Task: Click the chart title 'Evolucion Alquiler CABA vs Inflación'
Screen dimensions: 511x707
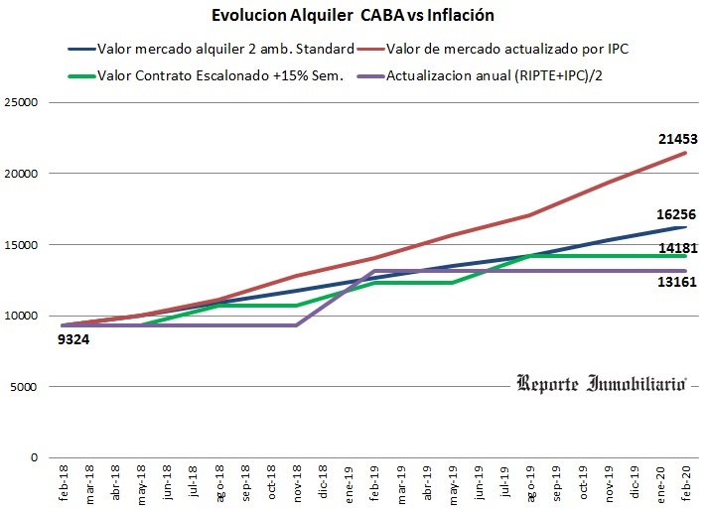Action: tap(353, 16)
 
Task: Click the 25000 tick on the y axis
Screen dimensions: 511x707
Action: tap(21, 102)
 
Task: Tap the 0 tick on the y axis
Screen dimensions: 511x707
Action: tap(34, 458)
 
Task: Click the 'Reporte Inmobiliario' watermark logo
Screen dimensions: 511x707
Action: tap(603, 383)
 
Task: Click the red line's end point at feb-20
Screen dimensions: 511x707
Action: tap(685, 153)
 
